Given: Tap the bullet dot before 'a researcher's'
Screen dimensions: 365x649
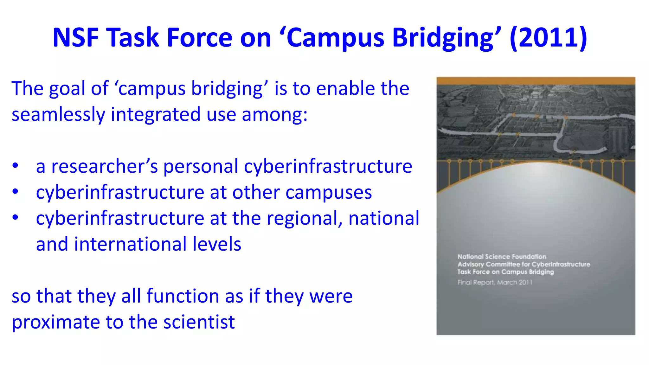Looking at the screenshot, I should (15, 166).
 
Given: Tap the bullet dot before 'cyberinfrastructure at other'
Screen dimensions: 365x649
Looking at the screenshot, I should (15, 192).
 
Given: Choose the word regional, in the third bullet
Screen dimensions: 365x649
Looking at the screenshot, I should (305, 219).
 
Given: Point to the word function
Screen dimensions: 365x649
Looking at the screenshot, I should (183, 296).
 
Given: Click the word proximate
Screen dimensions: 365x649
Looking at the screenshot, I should (56, 322).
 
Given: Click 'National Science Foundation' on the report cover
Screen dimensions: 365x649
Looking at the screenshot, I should (502, 257).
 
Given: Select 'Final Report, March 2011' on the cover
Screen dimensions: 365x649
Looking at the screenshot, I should (495, 282).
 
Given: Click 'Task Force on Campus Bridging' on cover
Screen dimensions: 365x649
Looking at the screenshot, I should (505, 272).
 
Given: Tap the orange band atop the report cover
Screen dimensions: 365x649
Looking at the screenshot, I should (536, 81).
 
